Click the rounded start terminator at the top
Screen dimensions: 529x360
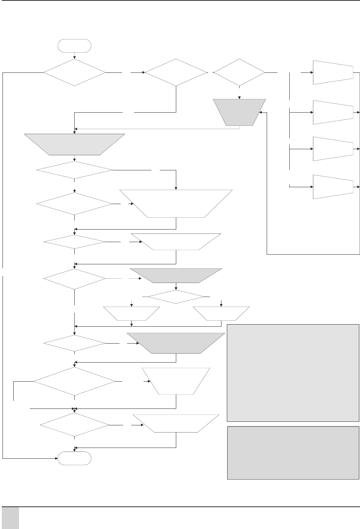pos(74,46)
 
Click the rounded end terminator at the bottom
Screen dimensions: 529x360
pos(74,458)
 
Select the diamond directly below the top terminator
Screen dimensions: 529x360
pos(74,72)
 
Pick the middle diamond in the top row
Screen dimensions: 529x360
pos(176,72)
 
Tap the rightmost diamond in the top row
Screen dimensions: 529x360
pos(239,72)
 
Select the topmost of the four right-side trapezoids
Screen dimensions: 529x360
pos(333,72)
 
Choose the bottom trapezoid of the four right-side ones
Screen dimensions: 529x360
pos(333,186)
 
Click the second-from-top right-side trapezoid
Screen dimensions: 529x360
pos(333,112)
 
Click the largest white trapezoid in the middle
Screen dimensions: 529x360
pos(176,203)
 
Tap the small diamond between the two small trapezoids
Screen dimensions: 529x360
pos(176,297)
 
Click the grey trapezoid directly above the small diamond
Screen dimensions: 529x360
pos(176,275)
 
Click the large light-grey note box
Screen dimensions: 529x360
pos(293,373)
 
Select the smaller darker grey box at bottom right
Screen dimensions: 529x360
pos(293,453)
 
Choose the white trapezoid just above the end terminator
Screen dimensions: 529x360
pos(176,423)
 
